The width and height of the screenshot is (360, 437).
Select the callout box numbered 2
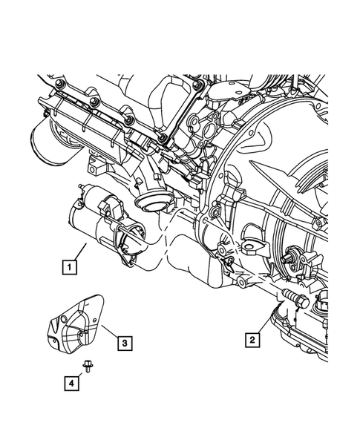pos(254,339)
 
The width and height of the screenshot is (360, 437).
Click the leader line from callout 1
pos(79,251)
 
